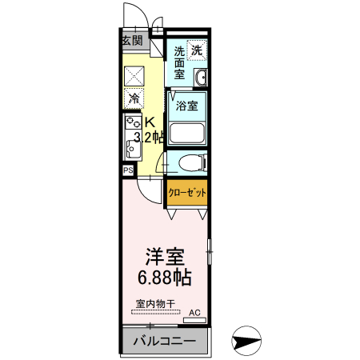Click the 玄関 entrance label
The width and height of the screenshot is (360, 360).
click(x=132, y=40)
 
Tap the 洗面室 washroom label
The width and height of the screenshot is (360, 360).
click(x=180, y=63)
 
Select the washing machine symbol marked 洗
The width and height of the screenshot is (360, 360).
click(x=197, y=50)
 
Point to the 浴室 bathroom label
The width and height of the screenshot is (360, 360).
click(x=187, y=105)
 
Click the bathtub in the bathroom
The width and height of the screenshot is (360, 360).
click(x=189, y=133)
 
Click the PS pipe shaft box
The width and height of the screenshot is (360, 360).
click(x=127, y=170)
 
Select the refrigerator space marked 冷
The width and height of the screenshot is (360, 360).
click(x=134, y=99)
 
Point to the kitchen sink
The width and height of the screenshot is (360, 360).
click(x=130, y=148)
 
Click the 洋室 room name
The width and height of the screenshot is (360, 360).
click(x=165, y=258)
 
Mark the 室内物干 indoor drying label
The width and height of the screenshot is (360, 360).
click(x=155, y=305)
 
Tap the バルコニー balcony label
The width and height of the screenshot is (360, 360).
click(x=164, y=342)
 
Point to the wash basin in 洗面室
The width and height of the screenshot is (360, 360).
click(x=201, y=78)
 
